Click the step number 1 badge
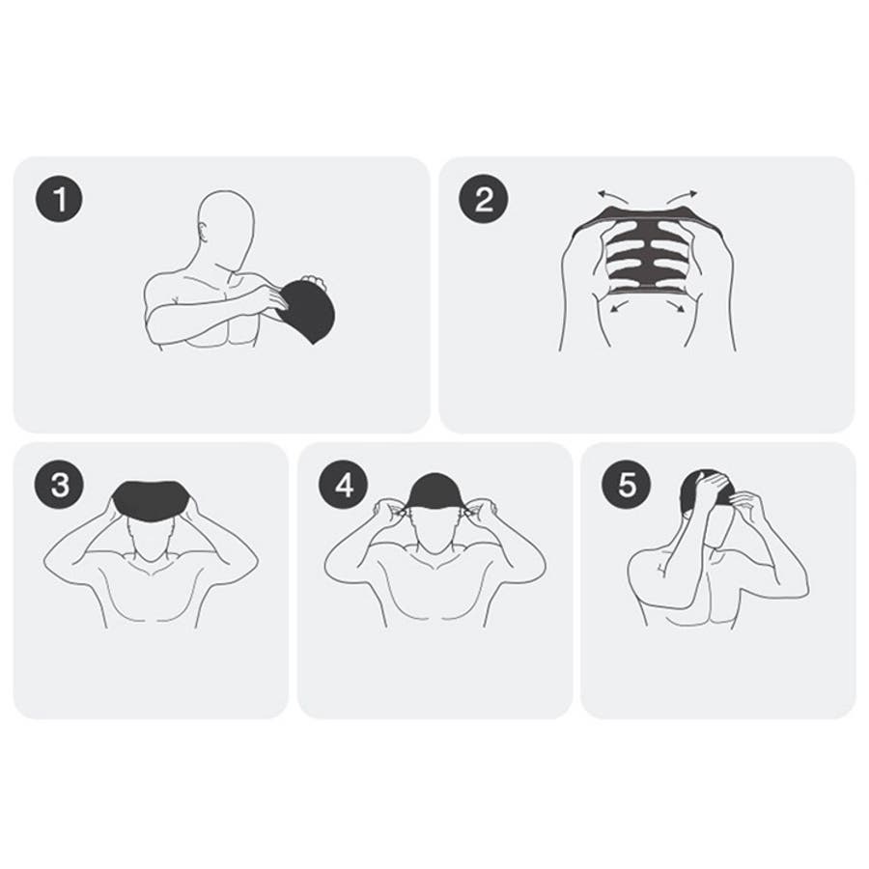pos(59,199)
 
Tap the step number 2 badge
pos(484,199)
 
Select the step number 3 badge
pos(59,485)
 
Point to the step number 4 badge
pos(344,486)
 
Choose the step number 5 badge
pos(627,485)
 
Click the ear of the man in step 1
pos(204,232)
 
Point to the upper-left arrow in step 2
pos(612,196)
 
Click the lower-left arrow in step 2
pos(619,305)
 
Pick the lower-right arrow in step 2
pos(676,306)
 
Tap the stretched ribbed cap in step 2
pos(648,248)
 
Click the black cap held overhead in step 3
pos(152,500)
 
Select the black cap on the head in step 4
pos(434,491)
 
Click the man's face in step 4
pos(434,532)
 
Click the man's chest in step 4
pos(434,594)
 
